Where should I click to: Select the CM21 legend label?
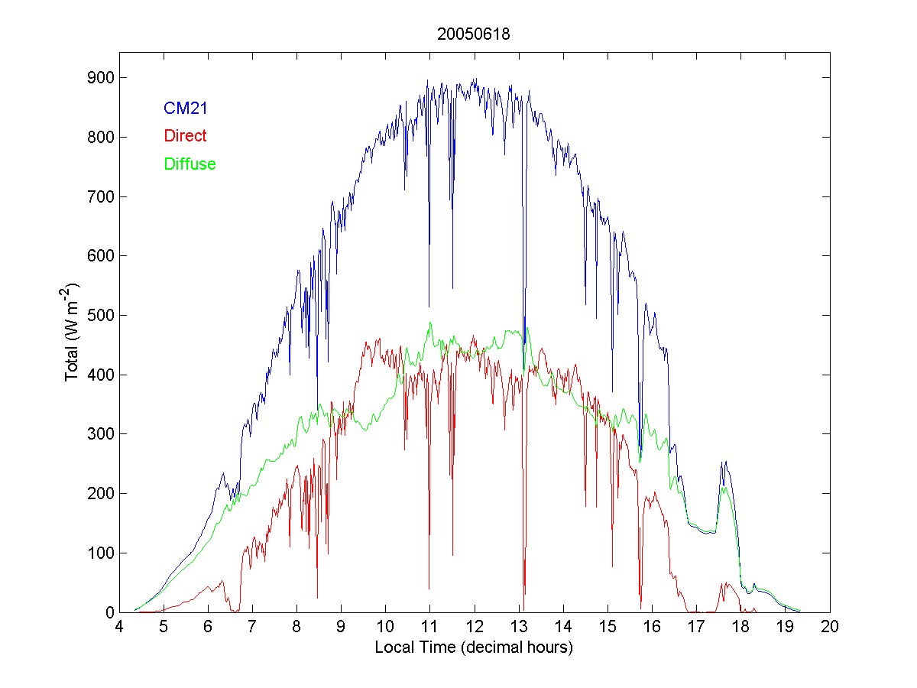186,109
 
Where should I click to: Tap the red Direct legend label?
185,136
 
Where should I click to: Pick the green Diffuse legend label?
190,164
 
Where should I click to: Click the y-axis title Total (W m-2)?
73,332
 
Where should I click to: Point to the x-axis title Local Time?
474,647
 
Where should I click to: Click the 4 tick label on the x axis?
119,628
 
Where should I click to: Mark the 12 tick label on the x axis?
475,628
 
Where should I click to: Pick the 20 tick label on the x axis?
830,628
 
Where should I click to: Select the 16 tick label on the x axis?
652,628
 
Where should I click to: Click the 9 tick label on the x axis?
342,628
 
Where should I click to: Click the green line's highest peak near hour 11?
430,323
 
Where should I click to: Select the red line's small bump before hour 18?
726,584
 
